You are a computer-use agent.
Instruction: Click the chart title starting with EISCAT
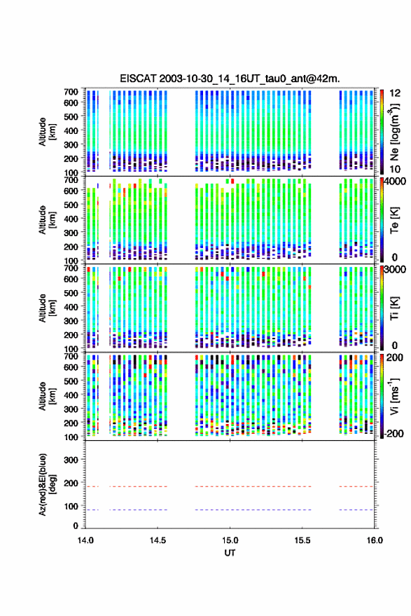pos(230,78)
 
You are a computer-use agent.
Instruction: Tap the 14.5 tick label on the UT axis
pos(158,540)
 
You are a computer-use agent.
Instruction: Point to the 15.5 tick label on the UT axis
pos(302,540)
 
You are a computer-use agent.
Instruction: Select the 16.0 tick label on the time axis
pos(375,540)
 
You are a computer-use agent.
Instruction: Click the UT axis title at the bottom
pos(230,553)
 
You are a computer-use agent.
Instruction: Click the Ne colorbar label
pos(394,132)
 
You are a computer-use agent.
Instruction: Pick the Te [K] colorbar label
pos(394,220)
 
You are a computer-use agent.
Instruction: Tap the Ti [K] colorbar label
pos(394,308)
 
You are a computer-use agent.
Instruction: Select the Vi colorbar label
pos(394,396)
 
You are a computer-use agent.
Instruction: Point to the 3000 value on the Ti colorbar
pos(395,270)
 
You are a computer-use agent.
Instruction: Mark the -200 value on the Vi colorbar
pos(395,434)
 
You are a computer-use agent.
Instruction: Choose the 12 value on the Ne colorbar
pos(396,93)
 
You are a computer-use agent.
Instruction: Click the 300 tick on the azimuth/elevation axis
pos(71,460)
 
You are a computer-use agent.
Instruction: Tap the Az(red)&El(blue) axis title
pos(47,484)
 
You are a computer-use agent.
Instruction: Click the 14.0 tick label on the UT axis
pos(85,540)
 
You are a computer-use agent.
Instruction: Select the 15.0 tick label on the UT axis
pos(230,540)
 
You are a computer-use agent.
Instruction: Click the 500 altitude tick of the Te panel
pos(71,205)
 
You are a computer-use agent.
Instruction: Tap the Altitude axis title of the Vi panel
pos(47,396)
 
